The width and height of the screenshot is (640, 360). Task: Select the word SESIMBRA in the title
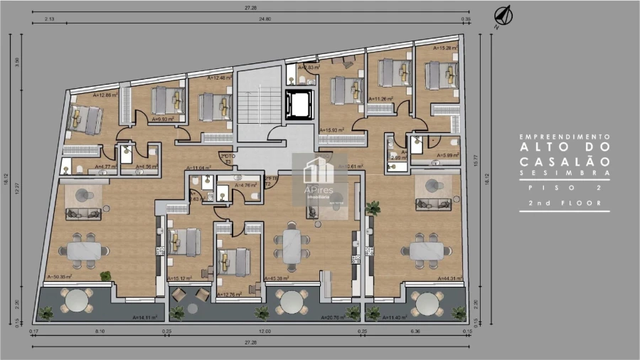click(x=563, y=172)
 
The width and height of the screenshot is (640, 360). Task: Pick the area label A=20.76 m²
click(x=331, y=318)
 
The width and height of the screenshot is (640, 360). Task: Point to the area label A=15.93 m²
click(x=331, y=131)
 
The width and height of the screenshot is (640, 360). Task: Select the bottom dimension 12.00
click(x=265, y=332)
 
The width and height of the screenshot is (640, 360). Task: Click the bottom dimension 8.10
click(x=100, y=332)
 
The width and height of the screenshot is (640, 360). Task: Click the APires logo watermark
click(x=319, y=181)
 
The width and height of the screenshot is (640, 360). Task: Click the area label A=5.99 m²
click(x=444, y=155)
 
